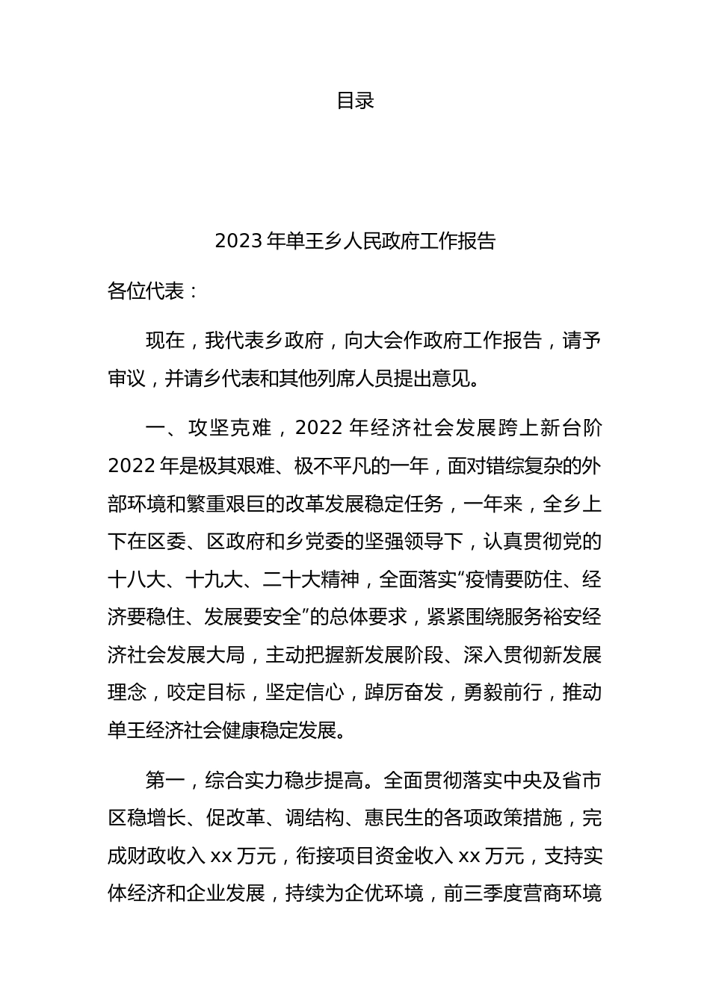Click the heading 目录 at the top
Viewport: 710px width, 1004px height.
(x=355, y=101)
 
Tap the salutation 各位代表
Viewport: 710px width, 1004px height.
(x=146, y=291)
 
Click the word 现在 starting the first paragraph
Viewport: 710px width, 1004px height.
(x=165, y=341)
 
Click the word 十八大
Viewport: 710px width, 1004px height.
(x=136, y=580)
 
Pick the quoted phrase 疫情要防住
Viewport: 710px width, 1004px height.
(x=534, y=580)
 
